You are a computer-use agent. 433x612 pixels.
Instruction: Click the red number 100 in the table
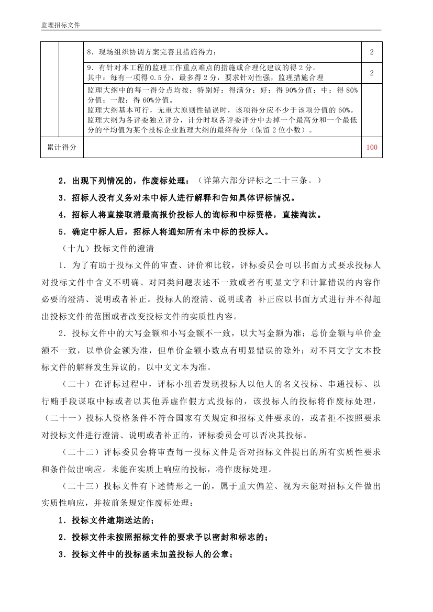pos(372,147)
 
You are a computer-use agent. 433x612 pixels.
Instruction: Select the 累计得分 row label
pos(62,147)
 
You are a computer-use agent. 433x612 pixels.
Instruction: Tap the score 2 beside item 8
pos(372,52)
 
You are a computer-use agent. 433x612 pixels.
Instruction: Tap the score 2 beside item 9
pos(372,73)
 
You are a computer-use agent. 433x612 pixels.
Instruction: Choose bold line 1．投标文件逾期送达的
pos(107,520)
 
